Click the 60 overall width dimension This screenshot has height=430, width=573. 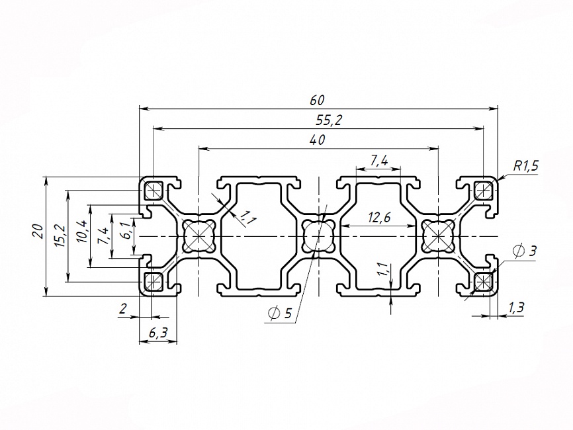317,100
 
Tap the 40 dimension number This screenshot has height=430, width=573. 317,140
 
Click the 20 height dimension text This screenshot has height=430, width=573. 38,232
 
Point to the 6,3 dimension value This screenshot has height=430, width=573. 157,333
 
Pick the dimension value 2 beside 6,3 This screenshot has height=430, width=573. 122,308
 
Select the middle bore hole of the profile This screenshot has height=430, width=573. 317,236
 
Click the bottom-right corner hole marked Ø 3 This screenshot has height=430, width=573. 483,282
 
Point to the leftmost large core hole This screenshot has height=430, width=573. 198,236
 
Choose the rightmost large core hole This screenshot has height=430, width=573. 437,236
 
